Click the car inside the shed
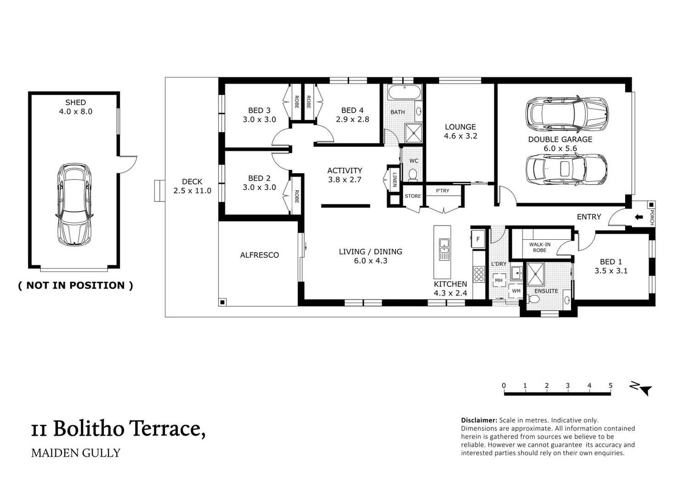[74, 205]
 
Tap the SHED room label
[75, 102]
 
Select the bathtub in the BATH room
[405, 92]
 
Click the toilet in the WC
[412, 175]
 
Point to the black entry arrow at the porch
[639, 217]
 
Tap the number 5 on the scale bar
[610, 385]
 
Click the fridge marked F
[478, 239]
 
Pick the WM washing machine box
[516, 291]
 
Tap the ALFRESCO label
[260, 255]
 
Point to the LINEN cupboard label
[395, 180]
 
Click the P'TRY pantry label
[442, 191]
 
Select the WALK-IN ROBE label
[540, 247]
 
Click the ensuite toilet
[534, 299]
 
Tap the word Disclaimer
[479, 420]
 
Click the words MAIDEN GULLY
[76, 453]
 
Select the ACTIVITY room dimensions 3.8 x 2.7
[345, 180]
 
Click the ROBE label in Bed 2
[297, 197]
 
